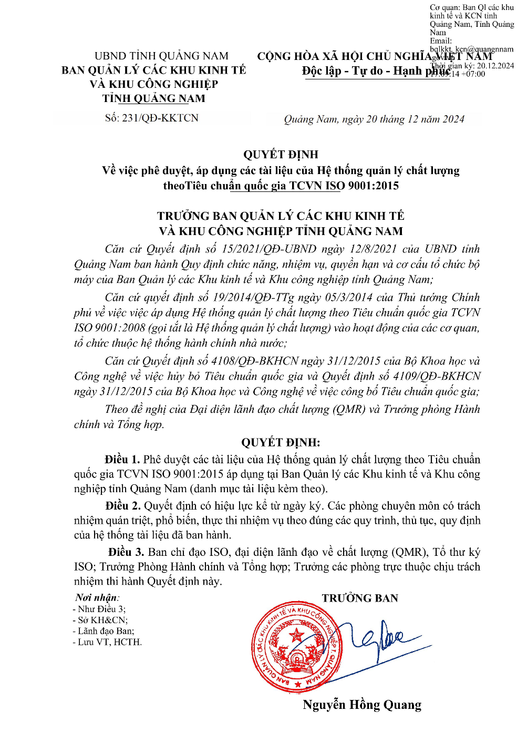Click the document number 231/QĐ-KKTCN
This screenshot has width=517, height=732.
pyautogui.click(x=160, y=118)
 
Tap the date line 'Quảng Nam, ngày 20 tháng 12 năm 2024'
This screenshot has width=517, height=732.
pyautogui.click(x=374, y=119)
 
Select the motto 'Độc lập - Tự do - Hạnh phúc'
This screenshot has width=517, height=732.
pyautogui.click(x=376, y=71)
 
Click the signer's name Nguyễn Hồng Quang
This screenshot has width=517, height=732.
pyautogui.click(x=362, y=705)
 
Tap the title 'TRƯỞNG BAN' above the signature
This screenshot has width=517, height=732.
pyautogui.click(x=360, y=598)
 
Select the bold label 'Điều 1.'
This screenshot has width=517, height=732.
pyautogui.click(x=122, y=459)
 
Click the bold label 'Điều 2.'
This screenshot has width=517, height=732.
pyautogui.click(x=123, y=505)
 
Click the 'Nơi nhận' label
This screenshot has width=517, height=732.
pyautogui.click(x=97, y=597)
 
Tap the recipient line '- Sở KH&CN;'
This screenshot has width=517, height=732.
pyautogui.click(x=100, y=620)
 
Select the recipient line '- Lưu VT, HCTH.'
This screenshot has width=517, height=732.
pyautogui.click(x=107, y=642)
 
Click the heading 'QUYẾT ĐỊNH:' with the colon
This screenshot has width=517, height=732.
pyautogui.click(x=281, y=442)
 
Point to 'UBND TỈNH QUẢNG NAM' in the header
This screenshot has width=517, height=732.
pyautogui.click(x=161, y=56)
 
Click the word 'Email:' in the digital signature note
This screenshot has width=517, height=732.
pyautogui.click(x=441, y=41)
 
